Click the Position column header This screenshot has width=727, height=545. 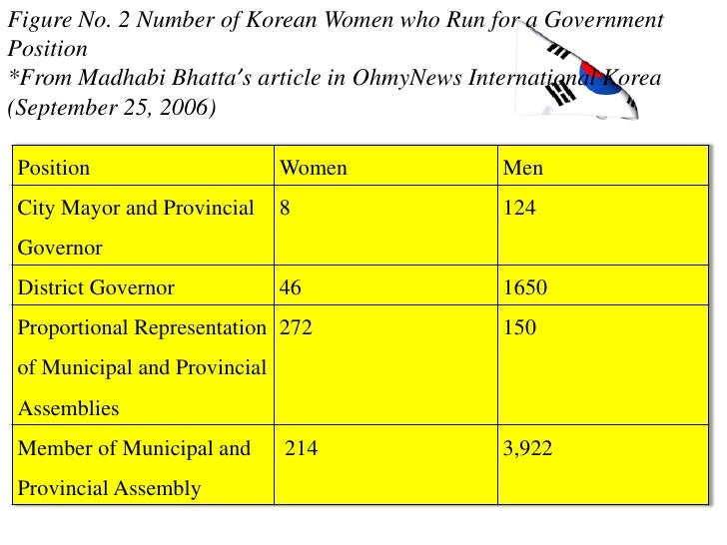coord(54,168)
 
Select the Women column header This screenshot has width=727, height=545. coord(313,168)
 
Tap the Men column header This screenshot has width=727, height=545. coord(523,168)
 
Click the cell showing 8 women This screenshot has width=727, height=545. coord(285,209)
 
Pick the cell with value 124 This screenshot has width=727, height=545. coord(519,209)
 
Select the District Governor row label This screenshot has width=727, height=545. coord(97,288)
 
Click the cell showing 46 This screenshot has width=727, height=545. coord(291,288)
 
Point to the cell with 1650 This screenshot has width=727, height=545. coord(525,288)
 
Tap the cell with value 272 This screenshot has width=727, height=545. coord(296,327)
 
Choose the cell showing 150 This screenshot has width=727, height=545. coord(519,327)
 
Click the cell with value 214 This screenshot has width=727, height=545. coord(302,449)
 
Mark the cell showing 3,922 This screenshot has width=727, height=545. coord(527,449)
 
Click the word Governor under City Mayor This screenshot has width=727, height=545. coord(60,249)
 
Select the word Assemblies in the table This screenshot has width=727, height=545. coord(69,408)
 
